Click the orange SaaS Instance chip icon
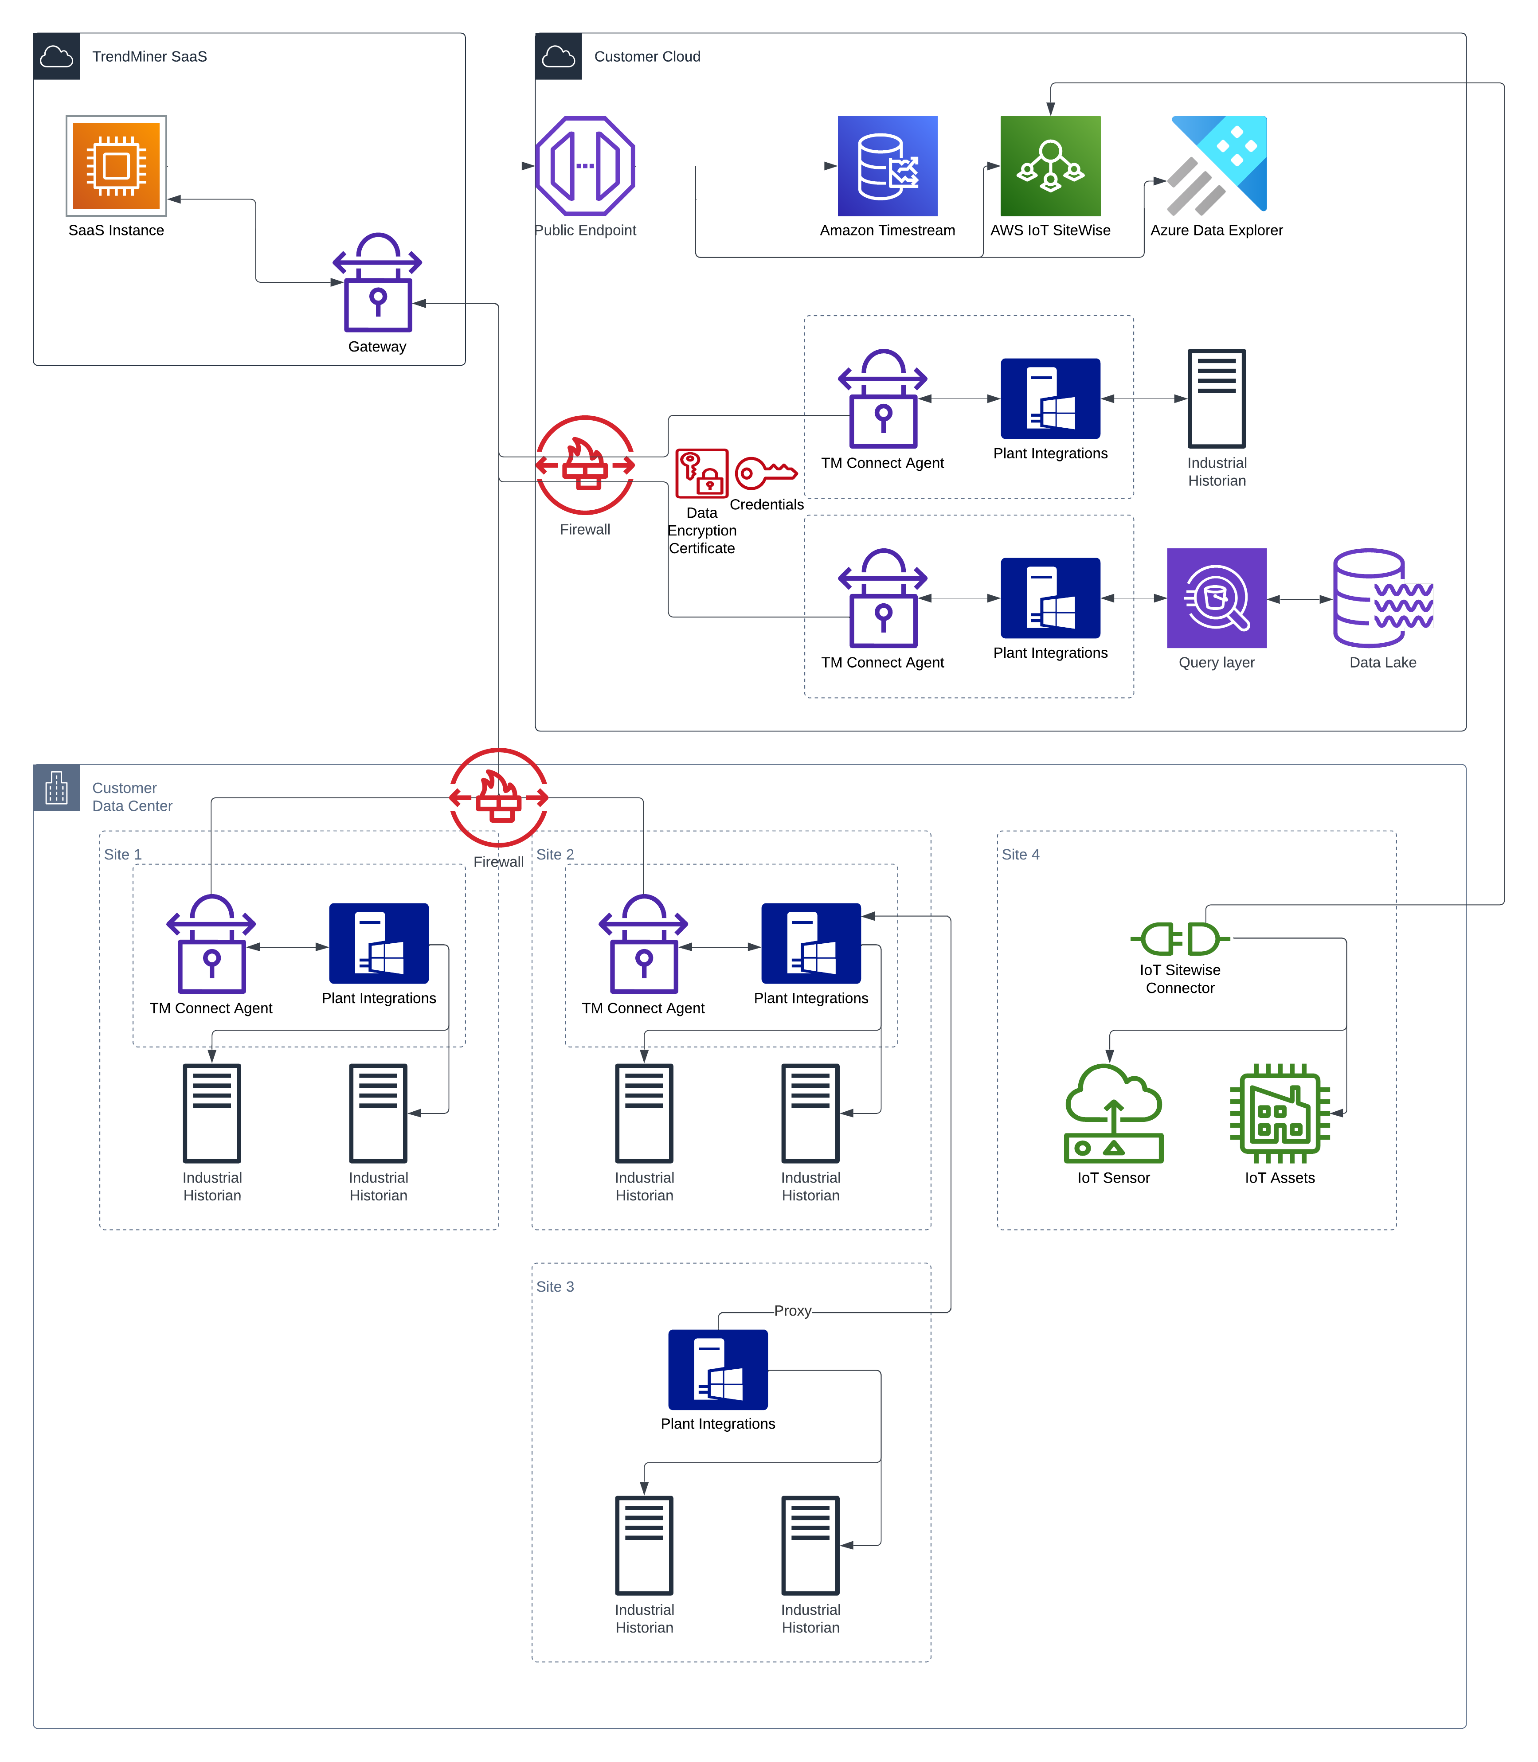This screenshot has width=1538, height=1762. coord(116,166)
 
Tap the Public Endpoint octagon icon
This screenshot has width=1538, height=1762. coord(585,166)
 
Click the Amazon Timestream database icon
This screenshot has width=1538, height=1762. coord(888,166)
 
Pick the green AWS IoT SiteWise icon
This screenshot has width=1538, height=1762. coord(1050,166)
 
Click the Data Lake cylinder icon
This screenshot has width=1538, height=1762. coord(1382,598)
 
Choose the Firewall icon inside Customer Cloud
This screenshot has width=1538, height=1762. coord(585,465)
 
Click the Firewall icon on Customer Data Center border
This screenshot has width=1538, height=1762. coord(499,797)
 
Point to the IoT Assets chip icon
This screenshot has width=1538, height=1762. coord(1280,1113)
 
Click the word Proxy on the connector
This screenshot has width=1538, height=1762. coord(792,1311)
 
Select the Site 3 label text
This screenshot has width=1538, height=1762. coord(555,1286)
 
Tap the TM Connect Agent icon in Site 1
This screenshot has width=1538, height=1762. coord(211,944)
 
